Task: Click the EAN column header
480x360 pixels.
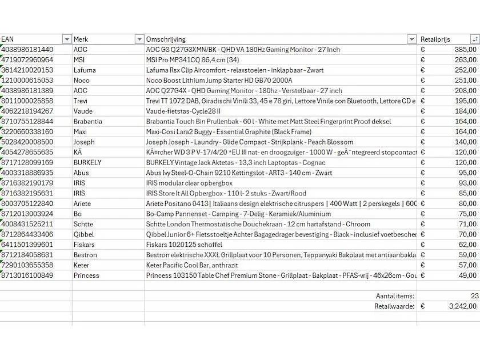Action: tap(8, 39)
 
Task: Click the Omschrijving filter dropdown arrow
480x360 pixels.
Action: tap(411, 39)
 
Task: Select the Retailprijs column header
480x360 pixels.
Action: tap(435, 39)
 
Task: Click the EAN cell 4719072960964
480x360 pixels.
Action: tap(27, 60)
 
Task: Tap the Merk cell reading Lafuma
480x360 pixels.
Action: tap(85, 70)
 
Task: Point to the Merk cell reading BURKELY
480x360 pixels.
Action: tap(87, 163)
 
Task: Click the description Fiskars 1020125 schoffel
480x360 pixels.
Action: tap(184, 245)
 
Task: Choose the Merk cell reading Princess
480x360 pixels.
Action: tap(86, 275)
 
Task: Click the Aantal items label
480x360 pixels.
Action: tap(395, 296)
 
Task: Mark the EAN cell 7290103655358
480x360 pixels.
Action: tap(27, 265)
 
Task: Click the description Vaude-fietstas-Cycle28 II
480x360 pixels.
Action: tap(183, 111)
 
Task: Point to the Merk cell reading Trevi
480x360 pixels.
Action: tap(81, 101)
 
